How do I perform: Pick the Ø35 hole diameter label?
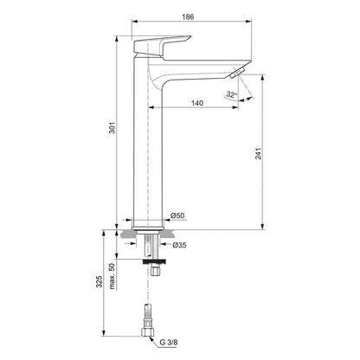coord(177,244)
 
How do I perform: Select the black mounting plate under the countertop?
coord(152,257)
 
